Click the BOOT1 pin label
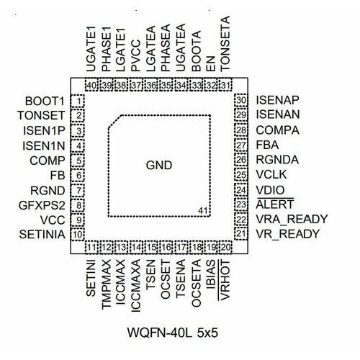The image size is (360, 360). (45, 101)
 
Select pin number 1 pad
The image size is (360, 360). (78, 101)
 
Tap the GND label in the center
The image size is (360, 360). (159, 165)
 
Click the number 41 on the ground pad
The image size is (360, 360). (203, 210)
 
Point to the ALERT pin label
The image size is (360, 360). (275, 204)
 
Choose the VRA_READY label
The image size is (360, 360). (292, 219)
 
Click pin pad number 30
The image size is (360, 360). (241, 100)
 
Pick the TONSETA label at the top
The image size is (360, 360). (225, 44)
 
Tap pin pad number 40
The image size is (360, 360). (91, 85)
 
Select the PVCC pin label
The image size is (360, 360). (135, 55)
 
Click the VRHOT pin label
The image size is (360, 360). (225, 280)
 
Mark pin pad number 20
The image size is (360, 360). (225, 247)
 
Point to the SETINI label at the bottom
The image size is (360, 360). (91, 278)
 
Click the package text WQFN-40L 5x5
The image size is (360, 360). (172, 333)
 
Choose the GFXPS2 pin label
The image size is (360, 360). (42, 205)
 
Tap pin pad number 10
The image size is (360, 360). (78, 234)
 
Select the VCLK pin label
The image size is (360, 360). (271, 174)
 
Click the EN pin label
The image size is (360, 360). (211, 64)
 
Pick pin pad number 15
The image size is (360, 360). (151, 247)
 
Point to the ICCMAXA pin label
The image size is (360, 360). (135, 286)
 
